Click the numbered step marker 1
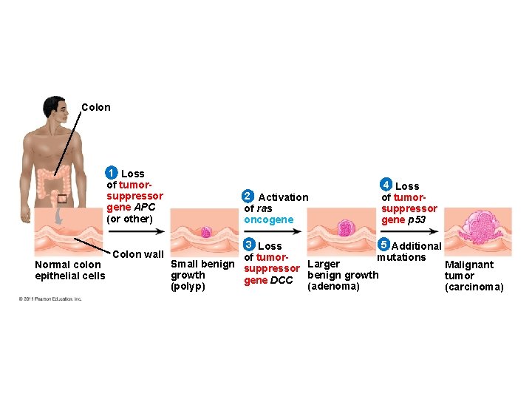pos(111,173)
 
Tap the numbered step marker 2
pos(248,197)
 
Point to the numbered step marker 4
pos(386,185)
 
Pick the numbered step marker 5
pos(383,245)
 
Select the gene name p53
pos(416,219)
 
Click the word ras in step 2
pos(265,208)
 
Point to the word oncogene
pos(268,219)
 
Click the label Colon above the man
pos(96,107)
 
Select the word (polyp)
pos(188,286)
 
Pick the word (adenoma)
pos(333,286)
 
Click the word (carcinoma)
pos(474,287)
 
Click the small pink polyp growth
pos(206,232)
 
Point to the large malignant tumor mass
pos(478,228)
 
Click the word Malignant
pos(469,265)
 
